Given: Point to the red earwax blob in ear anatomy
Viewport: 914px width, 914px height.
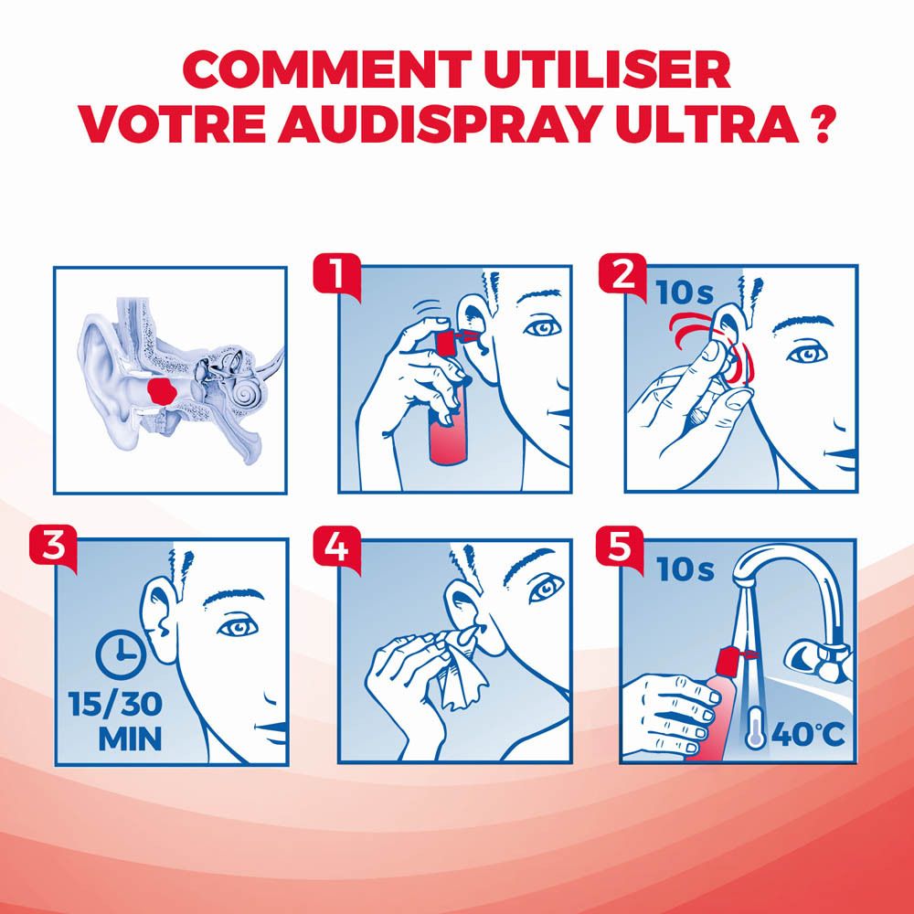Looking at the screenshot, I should [164, 392].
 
